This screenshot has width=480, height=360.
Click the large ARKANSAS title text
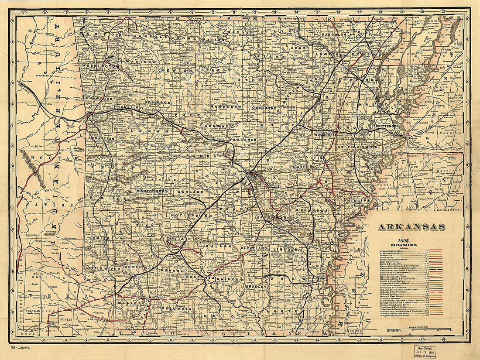click(x=411, y=227)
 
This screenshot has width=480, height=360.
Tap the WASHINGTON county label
click(x=100, y=65)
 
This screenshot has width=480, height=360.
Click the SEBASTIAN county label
click(x=101, y=138)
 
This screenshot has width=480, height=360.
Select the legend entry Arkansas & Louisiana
click(x=393, y=250)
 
